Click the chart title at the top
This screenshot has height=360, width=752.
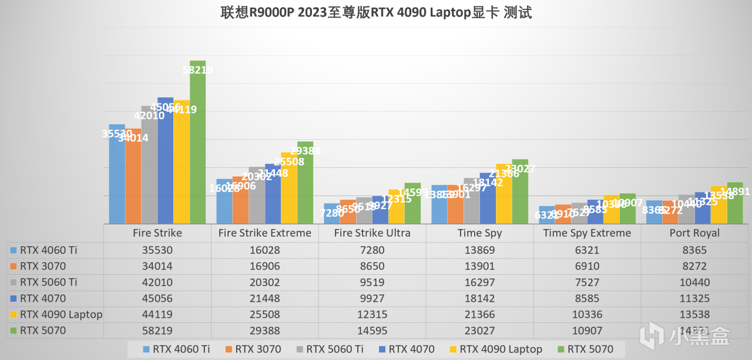point(376,12)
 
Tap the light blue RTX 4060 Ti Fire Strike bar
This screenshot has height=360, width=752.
point(117,176)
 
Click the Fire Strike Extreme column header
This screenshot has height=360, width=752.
point(264,233)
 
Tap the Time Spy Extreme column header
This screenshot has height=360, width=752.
point(587,233)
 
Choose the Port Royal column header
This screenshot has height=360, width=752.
point(694,233)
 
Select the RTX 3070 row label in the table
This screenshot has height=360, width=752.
point(41,266)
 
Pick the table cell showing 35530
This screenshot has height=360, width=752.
point(157,250)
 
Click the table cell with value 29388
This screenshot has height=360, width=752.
point(264,331)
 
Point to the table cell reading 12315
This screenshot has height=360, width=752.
point(372,314)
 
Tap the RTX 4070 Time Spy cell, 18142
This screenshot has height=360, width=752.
point(479,298)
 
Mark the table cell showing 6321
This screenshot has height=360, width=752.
point(587,250)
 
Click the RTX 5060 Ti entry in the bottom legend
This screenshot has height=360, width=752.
point(334,349)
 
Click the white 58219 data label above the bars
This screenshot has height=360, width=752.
point(197,70)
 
